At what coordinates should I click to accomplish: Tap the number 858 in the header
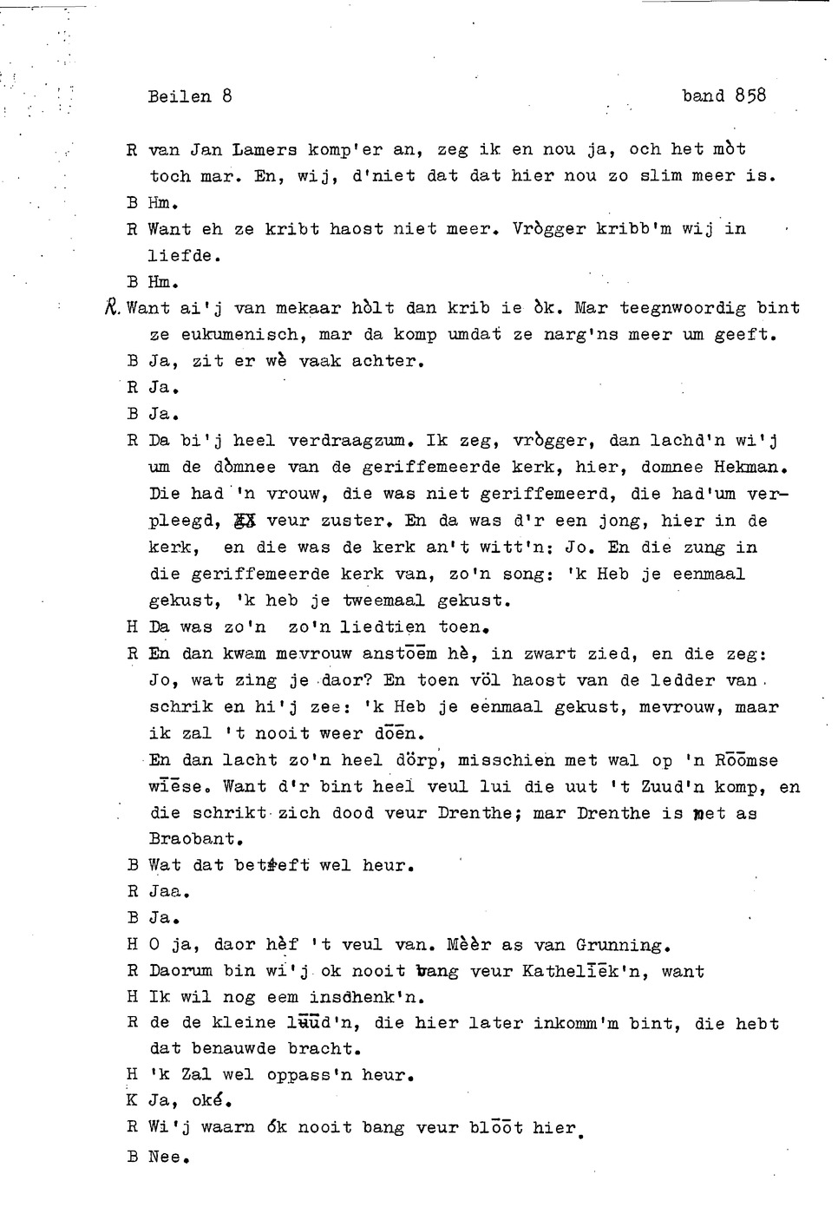(x=750, y=95)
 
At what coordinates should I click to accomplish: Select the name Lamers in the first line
(x=265, y=149)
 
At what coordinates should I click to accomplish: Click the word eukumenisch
(x=239, y=334)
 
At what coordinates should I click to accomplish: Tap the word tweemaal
(x=383, y=600)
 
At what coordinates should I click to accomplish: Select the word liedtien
(x=383, y=626)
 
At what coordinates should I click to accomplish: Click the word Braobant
(x=195, y=839)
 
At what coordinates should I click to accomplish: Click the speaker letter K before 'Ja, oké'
(x=132, y=1101)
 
